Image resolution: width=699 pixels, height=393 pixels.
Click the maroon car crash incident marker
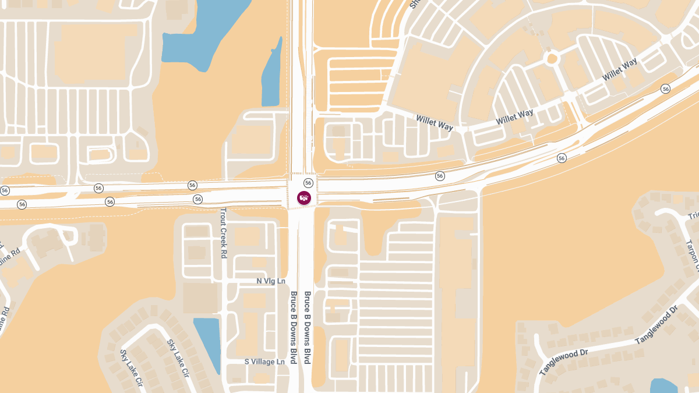click(304, 198)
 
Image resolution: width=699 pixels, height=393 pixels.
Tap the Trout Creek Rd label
click(223, 233)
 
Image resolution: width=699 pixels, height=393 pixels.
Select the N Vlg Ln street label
click(271, 281)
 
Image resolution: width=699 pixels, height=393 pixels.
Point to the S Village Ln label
click(264, 361)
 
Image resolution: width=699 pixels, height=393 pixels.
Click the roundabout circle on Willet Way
click(552, 58)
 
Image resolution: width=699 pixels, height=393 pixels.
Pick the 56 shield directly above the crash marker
click(308, 183)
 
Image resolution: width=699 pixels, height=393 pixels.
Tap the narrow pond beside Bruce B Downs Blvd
click(271, 76)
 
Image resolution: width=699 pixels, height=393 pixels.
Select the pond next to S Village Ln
click(207, 344)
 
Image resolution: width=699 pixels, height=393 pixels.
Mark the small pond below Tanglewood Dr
click(663, 385)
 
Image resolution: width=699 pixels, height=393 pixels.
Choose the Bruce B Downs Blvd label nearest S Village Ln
click(294, 328)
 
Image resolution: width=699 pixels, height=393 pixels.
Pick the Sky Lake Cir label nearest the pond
click(178, 358)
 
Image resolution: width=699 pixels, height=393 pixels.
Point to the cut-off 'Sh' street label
click(415, 4)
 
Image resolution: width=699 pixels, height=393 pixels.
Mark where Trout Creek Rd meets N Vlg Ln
click(224, 281)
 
